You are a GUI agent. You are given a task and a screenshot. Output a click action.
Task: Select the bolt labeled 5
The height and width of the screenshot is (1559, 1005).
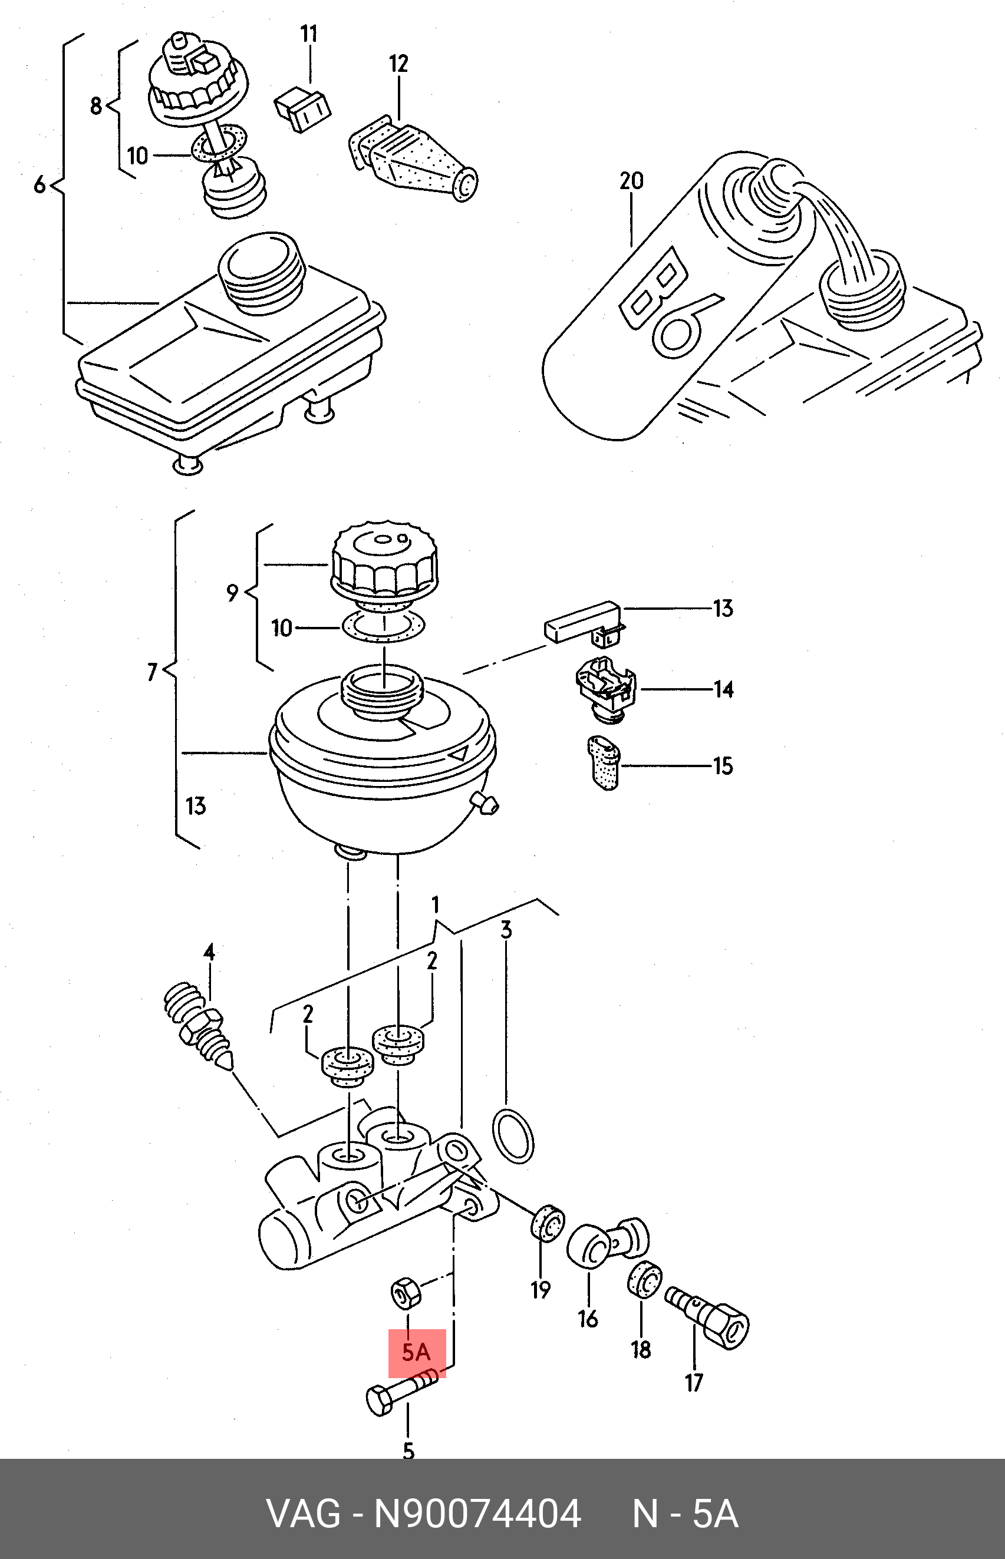[x=402, y=1393]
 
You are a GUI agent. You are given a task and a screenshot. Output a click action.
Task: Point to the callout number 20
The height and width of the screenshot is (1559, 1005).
[x=631, y=181]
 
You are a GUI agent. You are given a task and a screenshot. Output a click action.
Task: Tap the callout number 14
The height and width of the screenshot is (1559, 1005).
[x=723, y=689]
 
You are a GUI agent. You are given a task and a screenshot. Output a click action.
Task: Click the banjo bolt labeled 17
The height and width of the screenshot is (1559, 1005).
[x=707, y=1316]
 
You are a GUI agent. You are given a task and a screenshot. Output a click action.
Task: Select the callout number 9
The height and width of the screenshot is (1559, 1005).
[x=232, y=593]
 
